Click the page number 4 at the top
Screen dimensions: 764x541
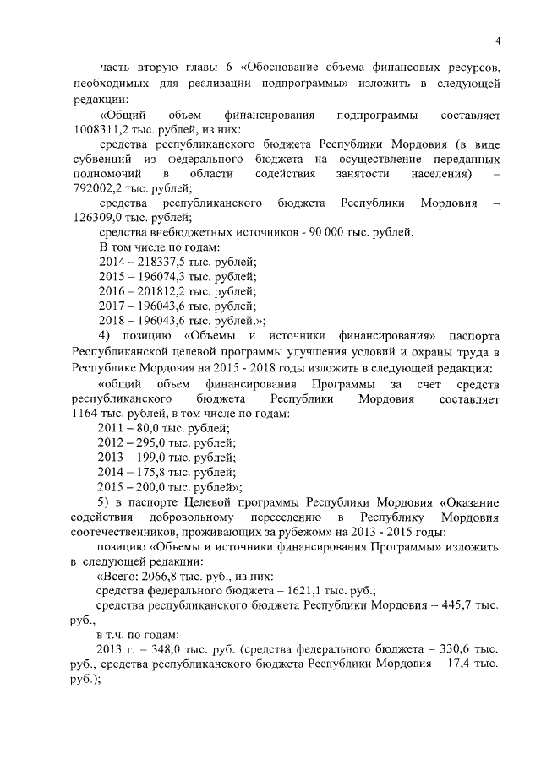[498, 41]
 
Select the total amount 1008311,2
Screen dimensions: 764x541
[105, 129]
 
